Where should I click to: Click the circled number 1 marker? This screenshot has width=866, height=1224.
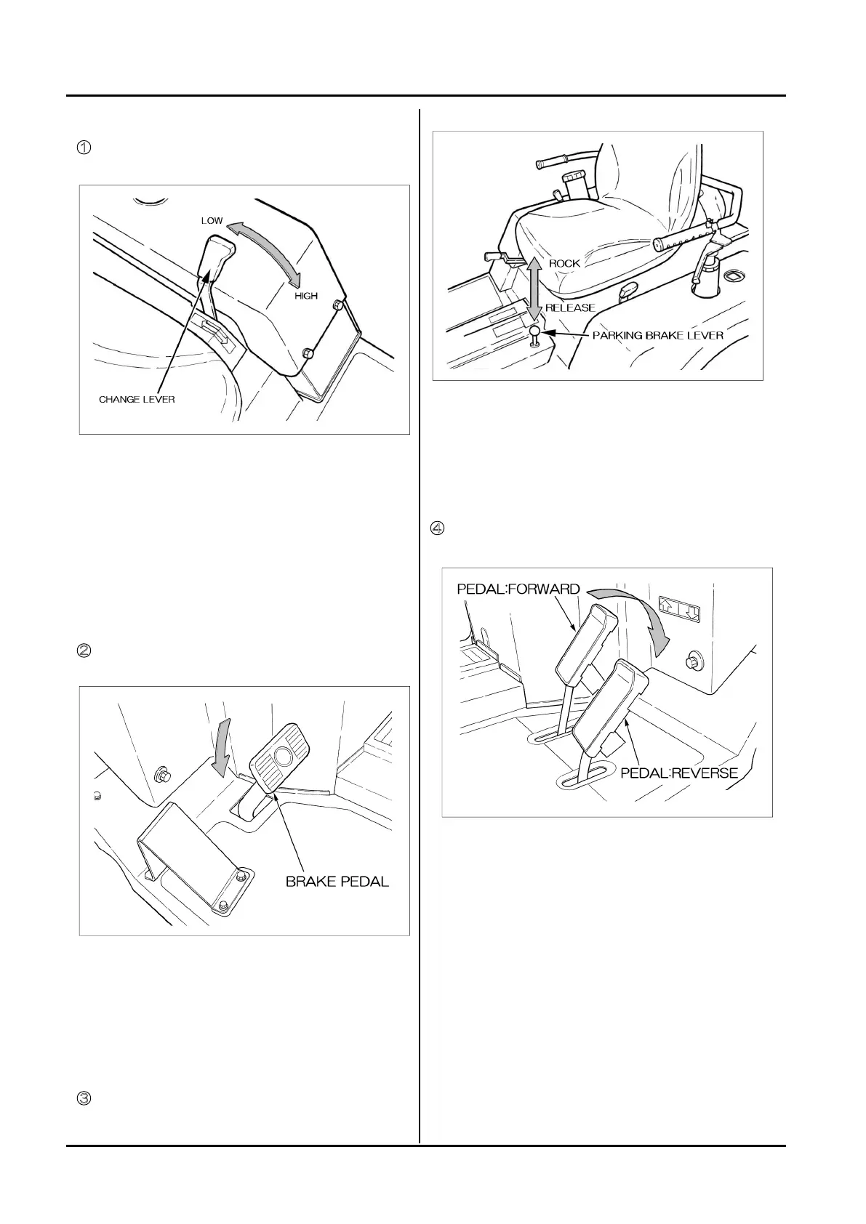click(x=84, y=147)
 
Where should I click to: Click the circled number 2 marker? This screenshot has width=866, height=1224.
click(x=84, y=651)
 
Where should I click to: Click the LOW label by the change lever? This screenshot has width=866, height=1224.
click(x=212, y=220)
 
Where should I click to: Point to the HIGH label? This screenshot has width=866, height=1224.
click(x=306, y=296)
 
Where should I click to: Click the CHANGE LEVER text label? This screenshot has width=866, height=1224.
click(x=137, y=400)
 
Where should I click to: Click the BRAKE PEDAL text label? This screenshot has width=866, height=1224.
click(x=337, y=882)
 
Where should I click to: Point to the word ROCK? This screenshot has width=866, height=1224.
click(x=564, y=263)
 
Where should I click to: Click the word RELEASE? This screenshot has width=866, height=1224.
click(x=570, y=307)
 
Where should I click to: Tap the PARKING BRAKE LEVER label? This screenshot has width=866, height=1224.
click(x=658, y=335)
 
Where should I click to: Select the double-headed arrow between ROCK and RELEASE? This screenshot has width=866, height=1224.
click(x=534, y=288)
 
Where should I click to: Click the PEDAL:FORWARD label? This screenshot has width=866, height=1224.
click(x=518, y=589)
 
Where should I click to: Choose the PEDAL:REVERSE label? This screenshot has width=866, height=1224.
click(x=679, y=773)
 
